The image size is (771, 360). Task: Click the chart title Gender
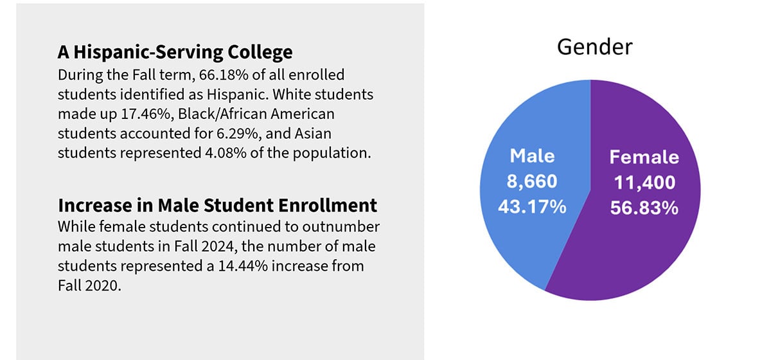[x=594, y=47]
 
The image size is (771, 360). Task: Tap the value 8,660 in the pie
[x=532, y=182]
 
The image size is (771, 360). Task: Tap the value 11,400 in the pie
[x=644, y=183]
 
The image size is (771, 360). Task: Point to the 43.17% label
[x=532, y=208]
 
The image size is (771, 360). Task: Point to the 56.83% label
[x=644, y=209]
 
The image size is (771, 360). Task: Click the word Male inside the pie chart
[x=532, y=156]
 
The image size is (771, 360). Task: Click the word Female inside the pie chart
[x=644, y=157]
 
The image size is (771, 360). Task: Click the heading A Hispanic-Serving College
[x=175, y=51]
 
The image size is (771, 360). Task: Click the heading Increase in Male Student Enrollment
[x=217, y=206]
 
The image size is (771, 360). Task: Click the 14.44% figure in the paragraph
[x=245, y=265]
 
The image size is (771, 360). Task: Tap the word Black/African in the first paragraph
[x=253, y=114]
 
